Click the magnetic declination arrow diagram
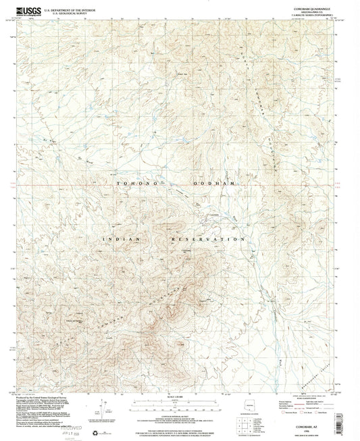pos(101,405)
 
